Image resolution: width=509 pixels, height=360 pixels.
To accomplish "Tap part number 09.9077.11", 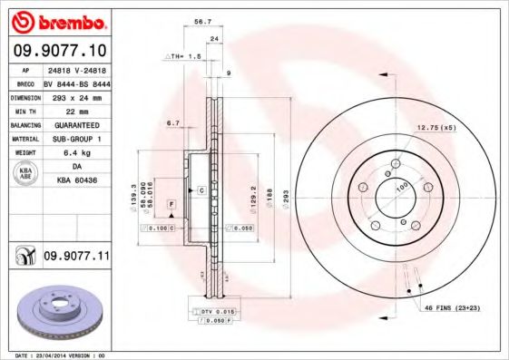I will pyautogui.click(x=76, y=258).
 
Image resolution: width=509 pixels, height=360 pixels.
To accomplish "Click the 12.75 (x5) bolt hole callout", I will pyautogui.click(x=435, y=128).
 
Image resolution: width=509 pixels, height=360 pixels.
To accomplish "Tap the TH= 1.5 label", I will pyautogui.click(x=181, y=56).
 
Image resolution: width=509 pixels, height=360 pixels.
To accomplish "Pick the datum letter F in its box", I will pyautogui.click(x=170, y=208).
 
